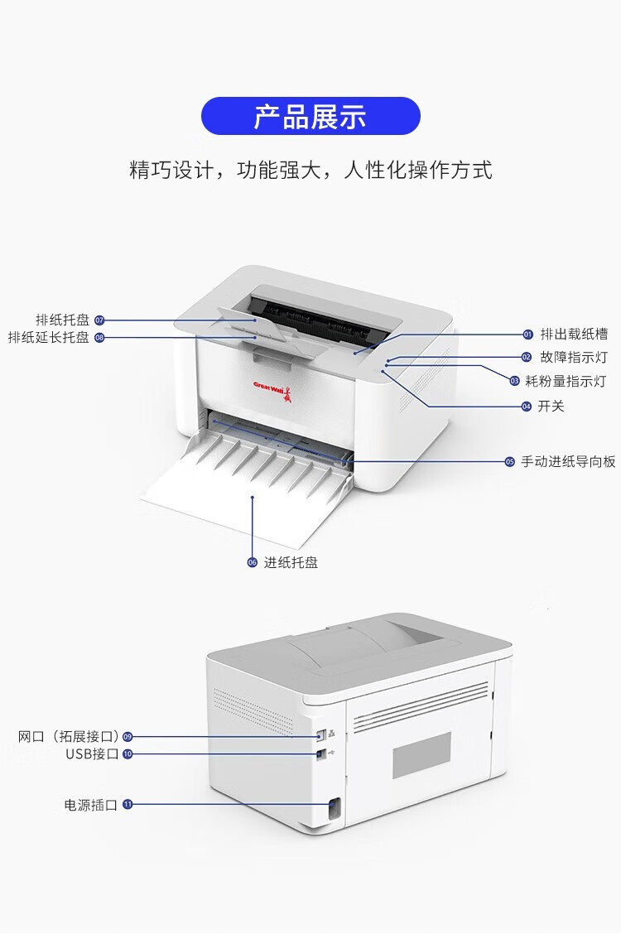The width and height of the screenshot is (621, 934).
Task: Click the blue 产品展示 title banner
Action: (x=310, y=116)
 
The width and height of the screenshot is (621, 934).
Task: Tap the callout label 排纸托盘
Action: (x=62, y=320)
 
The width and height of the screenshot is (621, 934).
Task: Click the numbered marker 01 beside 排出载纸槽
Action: (x=527, y=335)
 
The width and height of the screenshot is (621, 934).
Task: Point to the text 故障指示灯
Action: (x=574, y=357)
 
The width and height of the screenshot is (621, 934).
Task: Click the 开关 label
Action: (x=551, y=406)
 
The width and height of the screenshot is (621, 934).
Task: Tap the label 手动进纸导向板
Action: (x=568, y=462)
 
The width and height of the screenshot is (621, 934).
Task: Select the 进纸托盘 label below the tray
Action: (x=291, y=562)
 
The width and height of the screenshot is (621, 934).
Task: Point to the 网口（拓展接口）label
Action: (x=69, y=736)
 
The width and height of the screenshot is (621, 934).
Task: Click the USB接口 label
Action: (x=92, y=753)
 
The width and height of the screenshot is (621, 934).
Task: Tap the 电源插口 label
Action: (x=91, y=804)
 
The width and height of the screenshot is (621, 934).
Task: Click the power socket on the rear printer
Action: (x=335, y=810)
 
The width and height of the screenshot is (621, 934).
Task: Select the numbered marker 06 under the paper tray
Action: (x=253, y=562)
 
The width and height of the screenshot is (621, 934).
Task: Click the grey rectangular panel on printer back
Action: (x=421, y=755)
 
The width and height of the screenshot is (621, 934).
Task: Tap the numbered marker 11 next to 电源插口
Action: (x=128, y=804)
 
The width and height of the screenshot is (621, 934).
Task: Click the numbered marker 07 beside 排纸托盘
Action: (x=99, y=320)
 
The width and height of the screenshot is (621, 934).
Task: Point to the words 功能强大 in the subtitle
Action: (x=273, y=171)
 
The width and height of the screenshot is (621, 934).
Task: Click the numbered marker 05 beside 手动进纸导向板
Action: (x=510, y=462)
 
